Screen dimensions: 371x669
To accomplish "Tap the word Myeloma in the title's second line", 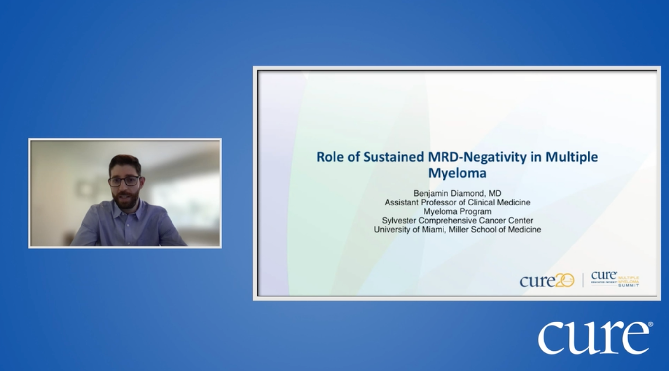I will click(457, 173).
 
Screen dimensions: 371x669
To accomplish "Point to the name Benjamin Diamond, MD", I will click(457, 193).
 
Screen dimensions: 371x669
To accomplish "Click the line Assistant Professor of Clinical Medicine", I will click(457, 203).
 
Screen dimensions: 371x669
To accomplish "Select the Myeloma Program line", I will click(457, 211).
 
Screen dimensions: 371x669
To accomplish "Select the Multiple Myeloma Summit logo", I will click(615, 280).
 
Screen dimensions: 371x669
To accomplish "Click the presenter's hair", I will click(124, 162).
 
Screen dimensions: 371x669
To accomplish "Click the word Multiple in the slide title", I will click(571, 157).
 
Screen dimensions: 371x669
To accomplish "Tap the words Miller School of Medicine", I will click(495, 230).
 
